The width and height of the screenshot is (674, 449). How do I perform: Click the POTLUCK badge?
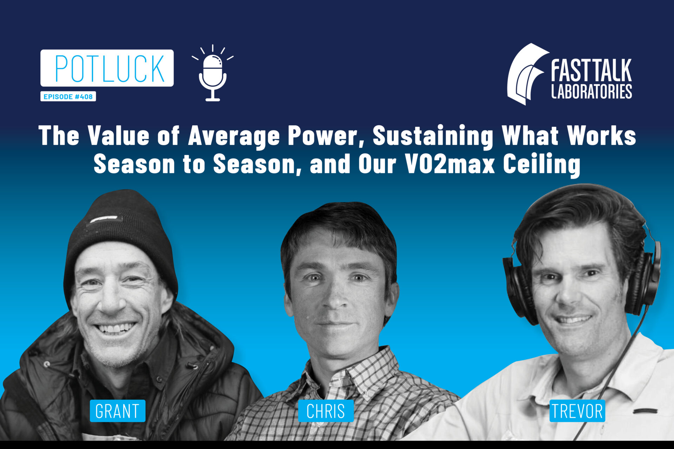107,68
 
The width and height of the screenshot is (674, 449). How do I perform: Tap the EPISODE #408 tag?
68,96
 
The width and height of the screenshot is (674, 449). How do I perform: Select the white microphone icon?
213,73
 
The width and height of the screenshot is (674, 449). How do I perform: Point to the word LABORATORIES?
592,91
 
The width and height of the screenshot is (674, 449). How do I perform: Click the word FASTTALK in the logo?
592,70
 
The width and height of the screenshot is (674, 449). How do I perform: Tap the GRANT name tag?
118,411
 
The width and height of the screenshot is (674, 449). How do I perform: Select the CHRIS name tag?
326,411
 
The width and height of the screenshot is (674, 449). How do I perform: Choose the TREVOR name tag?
577,411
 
